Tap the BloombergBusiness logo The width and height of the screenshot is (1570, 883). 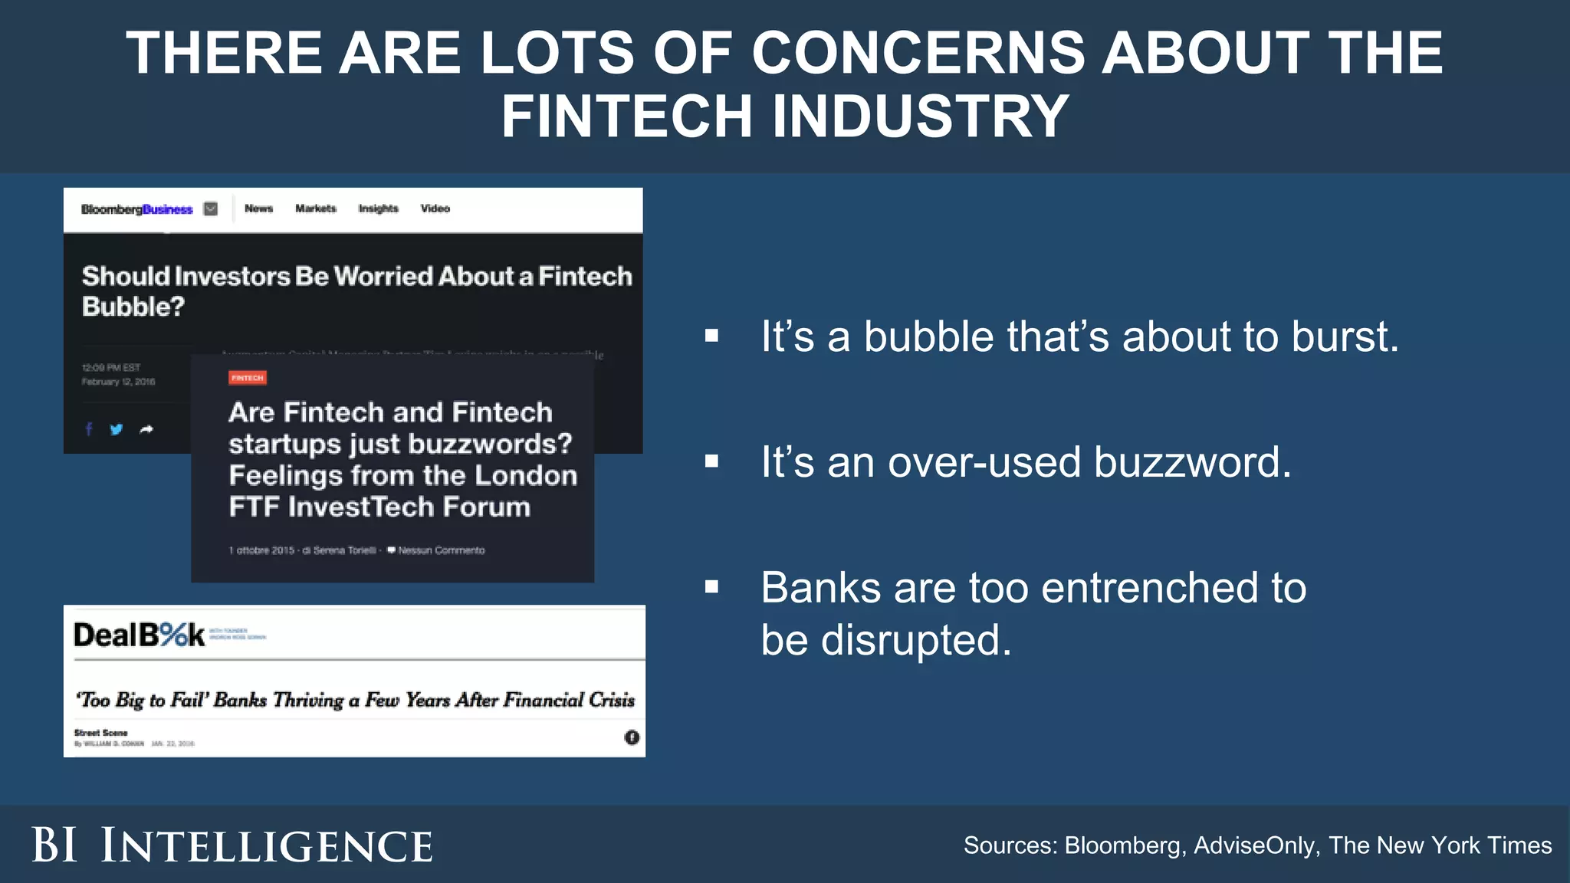click(137, 209)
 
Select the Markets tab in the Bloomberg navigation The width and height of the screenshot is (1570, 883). click(316, 208)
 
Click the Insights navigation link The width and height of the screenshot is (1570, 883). click(379, 208)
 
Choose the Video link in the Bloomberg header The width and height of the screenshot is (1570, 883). click(435, 208)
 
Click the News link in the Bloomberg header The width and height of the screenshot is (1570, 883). click(258, 208)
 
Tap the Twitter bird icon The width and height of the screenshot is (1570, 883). click(117, 429)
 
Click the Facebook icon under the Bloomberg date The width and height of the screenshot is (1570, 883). click(89, 429)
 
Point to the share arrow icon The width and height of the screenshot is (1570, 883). click(146, 429)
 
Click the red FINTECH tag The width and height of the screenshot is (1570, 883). click(248, 378)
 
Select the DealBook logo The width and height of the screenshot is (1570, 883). click(140, 635)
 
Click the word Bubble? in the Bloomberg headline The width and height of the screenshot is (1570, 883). click(133, 307)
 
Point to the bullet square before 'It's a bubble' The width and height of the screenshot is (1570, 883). click(712, 336)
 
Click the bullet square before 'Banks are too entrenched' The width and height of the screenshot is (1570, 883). click(712, 587)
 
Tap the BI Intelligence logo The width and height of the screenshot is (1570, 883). click(232, 845)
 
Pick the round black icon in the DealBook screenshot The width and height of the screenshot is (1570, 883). click(632, 737)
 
